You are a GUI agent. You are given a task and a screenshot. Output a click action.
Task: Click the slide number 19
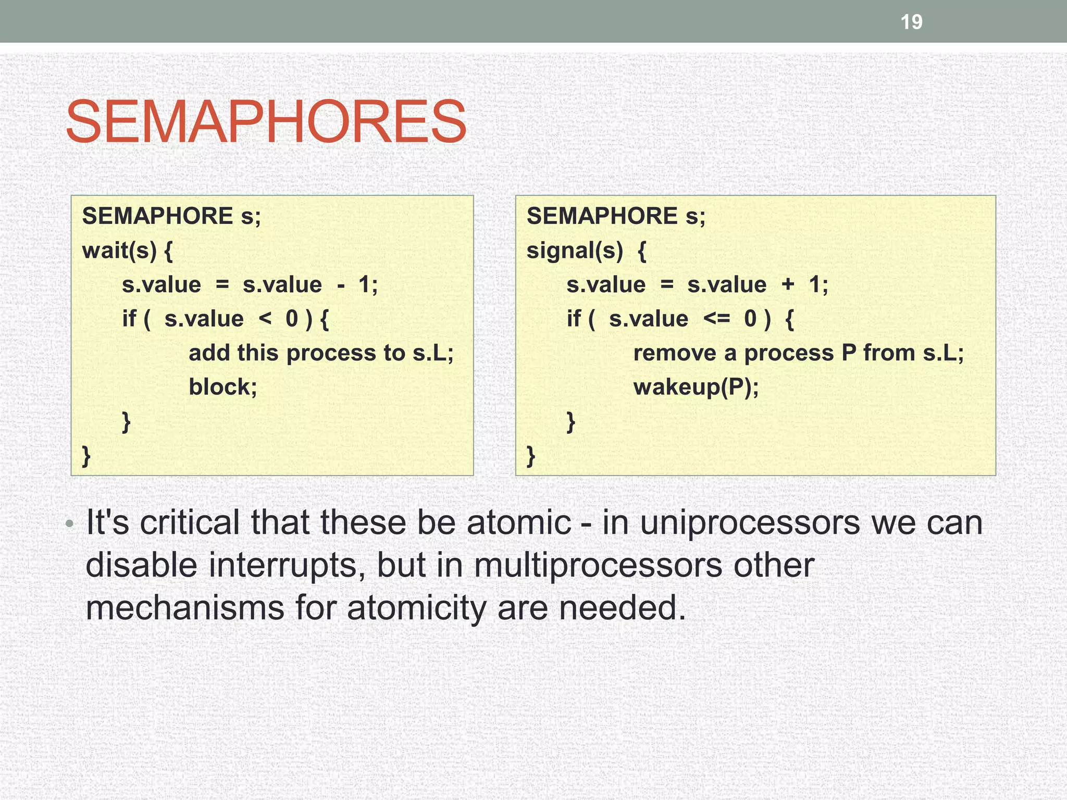pyautogui.click(x=911, y=22)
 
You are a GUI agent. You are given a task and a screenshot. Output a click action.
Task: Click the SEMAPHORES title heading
pyautogui.click(x=266, y=122)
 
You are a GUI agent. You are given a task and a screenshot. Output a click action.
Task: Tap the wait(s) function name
pyautogui.click(x=119, y=251)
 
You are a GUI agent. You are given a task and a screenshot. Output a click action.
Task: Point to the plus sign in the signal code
pyautogui.click(x=788, y=284)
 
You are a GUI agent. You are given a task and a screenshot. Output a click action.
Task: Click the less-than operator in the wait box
pyautogui.click(x=265, y=318)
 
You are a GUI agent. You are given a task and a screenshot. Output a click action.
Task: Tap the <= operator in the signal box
pyautogui.click(x=716, y=318)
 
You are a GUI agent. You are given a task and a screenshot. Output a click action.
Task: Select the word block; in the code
pyautogui.click(x=222, y=387)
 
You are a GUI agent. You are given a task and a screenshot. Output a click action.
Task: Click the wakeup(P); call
pyautogui.click(x=696, y=387)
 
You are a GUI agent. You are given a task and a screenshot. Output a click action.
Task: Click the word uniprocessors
pyautogui.click(x=750, y=522)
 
